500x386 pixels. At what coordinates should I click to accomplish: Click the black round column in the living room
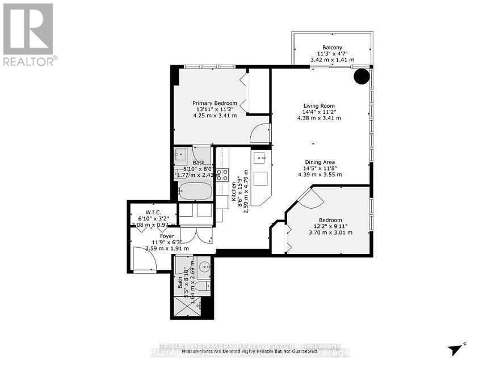tap(362, 77)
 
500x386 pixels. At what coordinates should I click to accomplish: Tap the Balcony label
tap(332, 48)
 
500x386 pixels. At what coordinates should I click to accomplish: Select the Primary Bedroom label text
tap(213, 103)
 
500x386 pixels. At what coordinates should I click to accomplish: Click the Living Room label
tap(319, 105)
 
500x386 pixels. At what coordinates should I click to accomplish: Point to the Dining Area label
tap(320, 162)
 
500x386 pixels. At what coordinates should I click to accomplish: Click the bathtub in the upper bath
tap(195, 191)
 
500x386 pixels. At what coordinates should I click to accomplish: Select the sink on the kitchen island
tap(260, 158)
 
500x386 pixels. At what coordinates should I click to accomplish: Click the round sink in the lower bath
tap(204, 266)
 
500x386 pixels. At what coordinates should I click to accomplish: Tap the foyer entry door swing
tap(145, 258)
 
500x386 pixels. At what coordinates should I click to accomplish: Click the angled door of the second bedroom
tap(310, 197)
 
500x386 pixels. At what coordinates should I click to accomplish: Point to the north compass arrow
tap(456, 350)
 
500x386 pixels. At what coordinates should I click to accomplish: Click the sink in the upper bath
tap(182, 154)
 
